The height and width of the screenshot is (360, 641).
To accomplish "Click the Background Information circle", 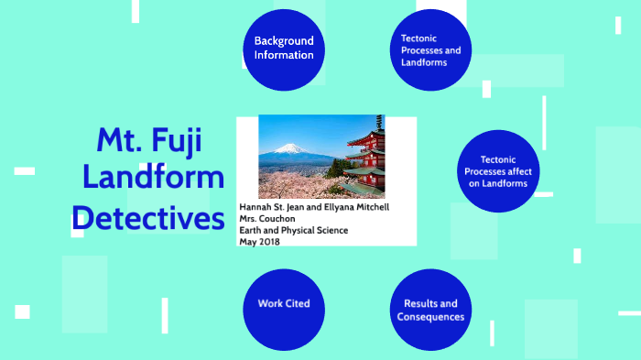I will (284, 48).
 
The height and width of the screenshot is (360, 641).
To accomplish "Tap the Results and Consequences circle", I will (430, 310).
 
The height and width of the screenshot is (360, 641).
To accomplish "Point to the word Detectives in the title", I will (148, 219).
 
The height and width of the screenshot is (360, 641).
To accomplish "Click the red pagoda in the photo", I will (365, 156).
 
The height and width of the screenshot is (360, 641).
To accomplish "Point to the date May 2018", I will (261, 242).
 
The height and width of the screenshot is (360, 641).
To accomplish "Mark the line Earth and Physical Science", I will (294, 230).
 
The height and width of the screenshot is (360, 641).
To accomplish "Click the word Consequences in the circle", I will (430, 317).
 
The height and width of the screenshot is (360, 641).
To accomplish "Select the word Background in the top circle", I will (284, 40).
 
